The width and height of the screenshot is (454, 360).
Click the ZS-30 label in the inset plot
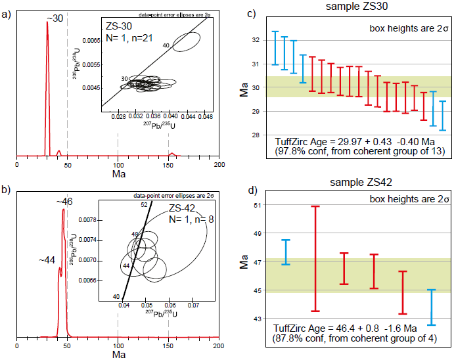click(x=118, y=26)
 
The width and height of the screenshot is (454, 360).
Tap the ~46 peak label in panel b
click(x=68, y=202)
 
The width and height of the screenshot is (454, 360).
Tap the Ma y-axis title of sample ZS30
click(x=244, y=89)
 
